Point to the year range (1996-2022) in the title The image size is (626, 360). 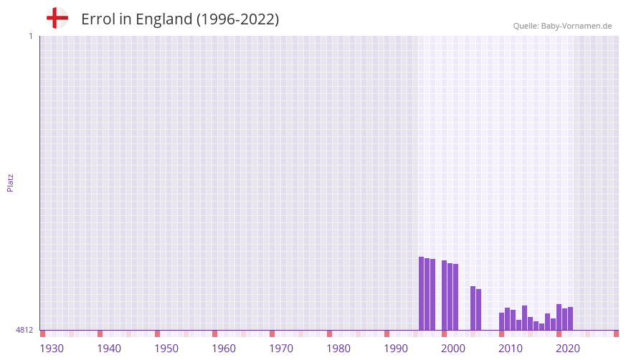(x=237, y=19)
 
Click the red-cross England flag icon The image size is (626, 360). (x=57, y=18)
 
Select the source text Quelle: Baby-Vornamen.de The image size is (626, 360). (x=562, y=26)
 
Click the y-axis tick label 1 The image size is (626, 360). (x=30, y=36)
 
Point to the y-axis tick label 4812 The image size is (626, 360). (x=24, y=330)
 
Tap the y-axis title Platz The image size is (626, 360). (x=10, y=182)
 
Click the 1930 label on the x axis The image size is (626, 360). (x=52, y=349)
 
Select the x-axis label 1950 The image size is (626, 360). (x=166, y=349)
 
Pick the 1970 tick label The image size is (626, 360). (x=281, y=349)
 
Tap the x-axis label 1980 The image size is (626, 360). (x=338, y=349)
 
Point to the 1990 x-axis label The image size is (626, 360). (x=396, y=349)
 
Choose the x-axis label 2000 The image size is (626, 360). (x=453, y=349)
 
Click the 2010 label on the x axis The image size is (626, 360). (x=511, y=349)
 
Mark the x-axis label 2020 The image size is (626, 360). (x=568, y=349)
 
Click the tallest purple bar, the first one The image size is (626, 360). (x=422, y=293)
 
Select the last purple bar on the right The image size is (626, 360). (x=570, y=318)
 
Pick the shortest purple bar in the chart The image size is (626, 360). (x=541, y=326)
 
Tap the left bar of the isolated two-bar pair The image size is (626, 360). (x=473, y=308)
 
